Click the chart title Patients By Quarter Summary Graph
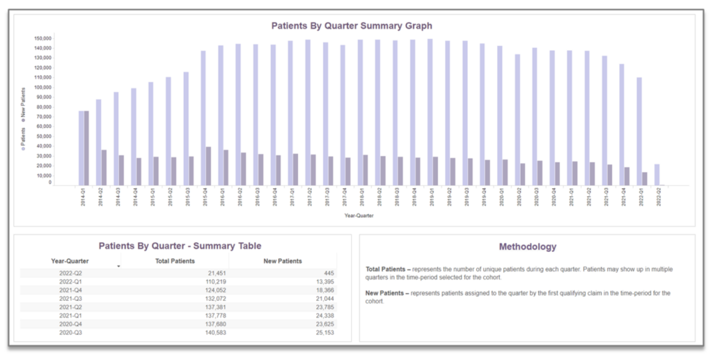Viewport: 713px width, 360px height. click(352, 26)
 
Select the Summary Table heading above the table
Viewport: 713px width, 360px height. click(180, 246)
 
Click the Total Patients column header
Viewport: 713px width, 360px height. click(173, 261)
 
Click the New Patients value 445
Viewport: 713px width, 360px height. click(327, 274)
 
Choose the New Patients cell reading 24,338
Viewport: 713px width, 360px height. click(322, 315)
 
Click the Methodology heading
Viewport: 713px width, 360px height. click(527, 246)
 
